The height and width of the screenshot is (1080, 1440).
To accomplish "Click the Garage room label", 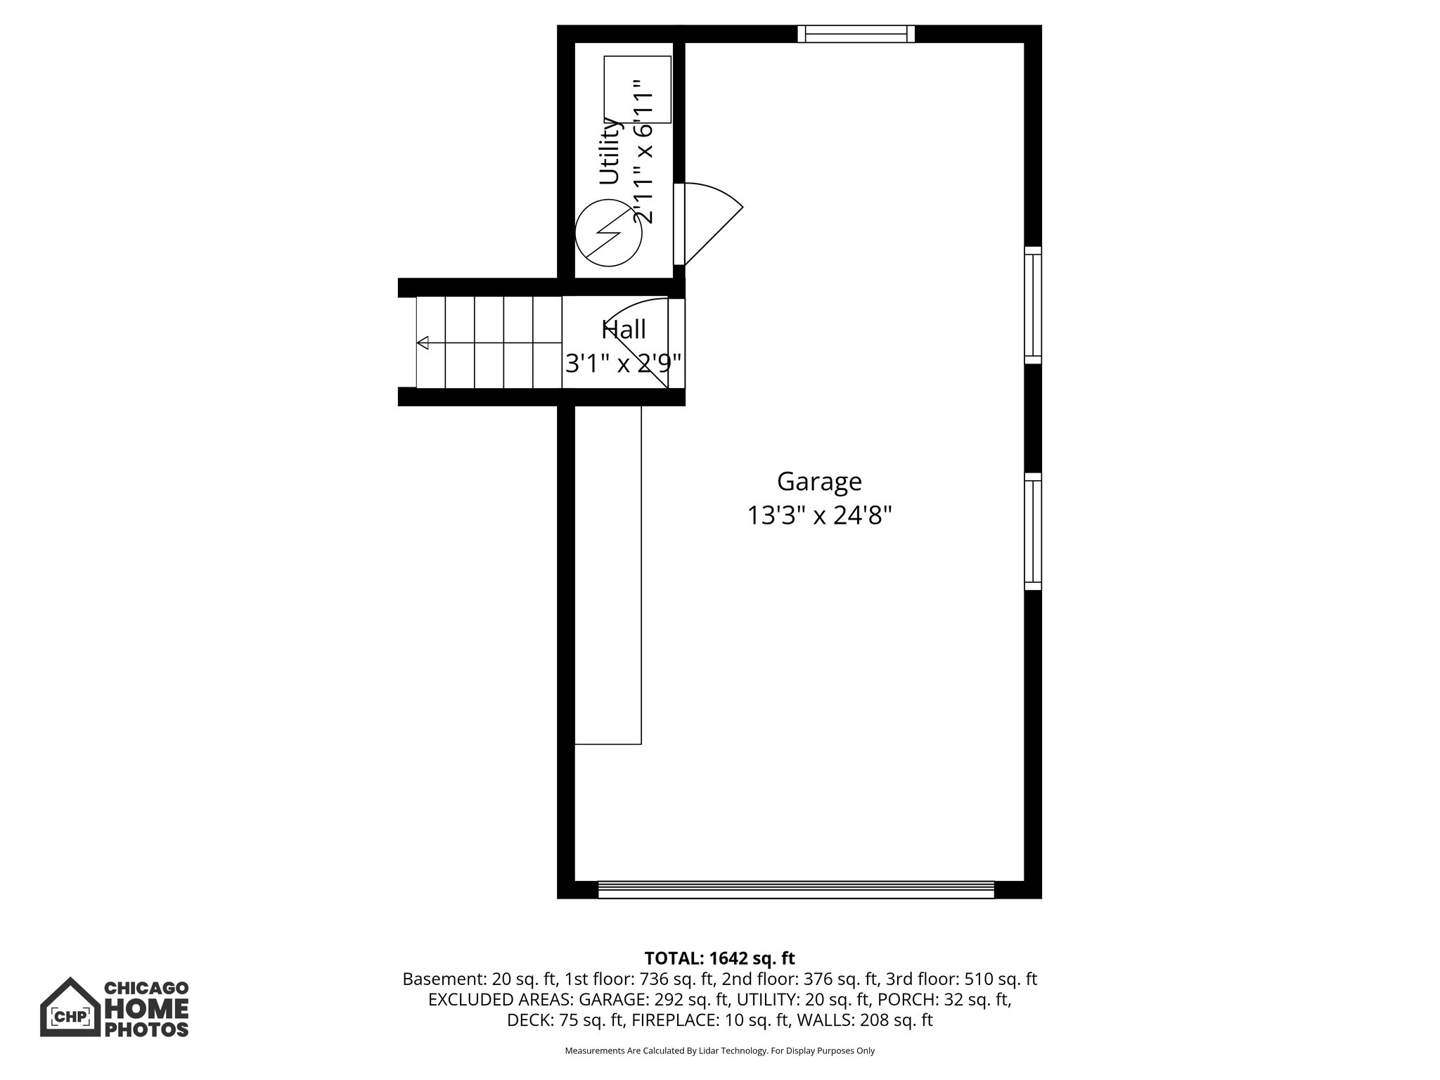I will tap(819, 482).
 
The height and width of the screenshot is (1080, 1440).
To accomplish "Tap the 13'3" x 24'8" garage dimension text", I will tap(819, 516).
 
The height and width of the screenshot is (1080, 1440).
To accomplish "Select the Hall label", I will tap(624, 329).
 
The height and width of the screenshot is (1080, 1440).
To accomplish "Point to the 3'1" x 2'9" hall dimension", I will tap(624, 364).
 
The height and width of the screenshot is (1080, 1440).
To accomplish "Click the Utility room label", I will tap(610, 150).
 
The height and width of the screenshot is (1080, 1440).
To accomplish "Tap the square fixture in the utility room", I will tap(637, 89).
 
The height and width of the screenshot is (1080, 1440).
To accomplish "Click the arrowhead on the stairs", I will tap(423, 343).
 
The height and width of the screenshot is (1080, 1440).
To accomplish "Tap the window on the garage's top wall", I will tap(856, 34).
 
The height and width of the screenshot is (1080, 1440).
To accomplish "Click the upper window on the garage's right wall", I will tap(1032, 305).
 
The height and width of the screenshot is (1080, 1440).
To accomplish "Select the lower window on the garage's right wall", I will tap(1032, 532).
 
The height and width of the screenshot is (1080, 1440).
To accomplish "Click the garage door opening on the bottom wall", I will tap(796, 889).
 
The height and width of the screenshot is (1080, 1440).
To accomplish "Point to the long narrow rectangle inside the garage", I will tap(608, 574).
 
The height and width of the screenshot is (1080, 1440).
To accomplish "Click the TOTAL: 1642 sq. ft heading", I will tap(719, 958).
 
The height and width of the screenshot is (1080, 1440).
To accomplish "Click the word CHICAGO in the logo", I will tap(146, 989).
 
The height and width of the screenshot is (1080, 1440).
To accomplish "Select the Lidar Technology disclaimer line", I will tap(719, 1051).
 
